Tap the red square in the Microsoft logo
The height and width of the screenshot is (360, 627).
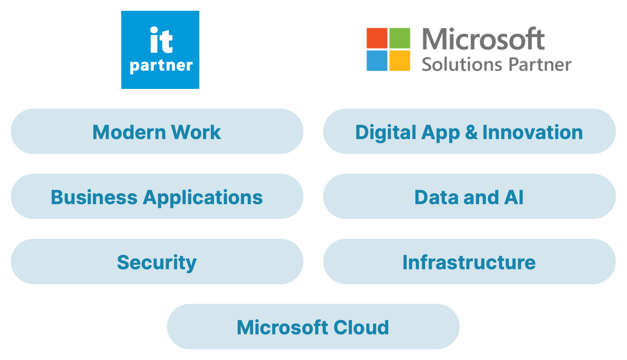pos(377,38)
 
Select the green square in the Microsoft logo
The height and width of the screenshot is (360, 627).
pos(399,38)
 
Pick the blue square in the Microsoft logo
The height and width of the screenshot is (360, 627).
pos(377,61)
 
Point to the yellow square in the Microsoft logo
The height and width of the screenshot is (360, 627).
pos(399,61)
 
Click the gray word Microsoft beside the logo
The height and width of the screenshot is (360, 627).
pos(483,39)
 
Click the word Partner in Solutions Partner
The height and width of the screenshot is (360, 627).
pos(540,65)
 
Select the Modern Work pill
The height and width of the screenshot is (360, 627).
pos(157,131)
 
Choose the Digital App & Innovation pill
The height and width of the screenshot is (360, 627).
pos(469,131)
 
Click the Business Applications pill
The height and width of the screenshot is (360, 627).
pos(157,196)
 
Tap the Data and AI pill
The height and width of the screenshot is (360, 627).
pos(469,196)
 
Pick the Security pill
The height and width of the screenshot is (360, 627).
pos(157,261)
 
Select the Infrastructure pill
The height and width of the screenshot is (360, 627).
pos(469,261)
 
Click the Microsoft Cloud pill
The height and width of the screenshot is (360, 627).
pos(313,327)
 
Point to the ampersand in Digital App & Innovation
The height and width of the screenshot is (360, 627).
pos(471,132)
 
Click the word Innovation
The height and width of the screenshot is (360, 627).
pos(533,132)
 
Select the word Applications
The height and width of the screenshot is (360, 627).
pos(203,197)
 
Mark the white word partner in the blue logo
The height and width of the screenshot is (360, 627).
pos(161,66)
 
